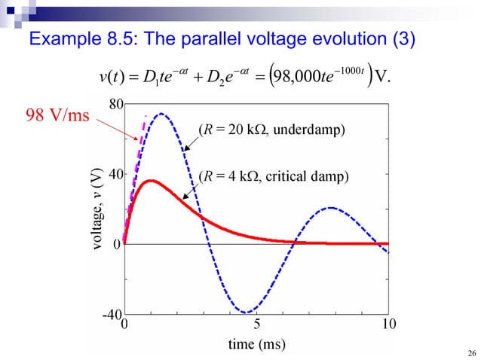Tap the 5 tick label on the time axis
[x=256, y=325]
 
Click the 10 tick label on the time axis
[x=388, y=325]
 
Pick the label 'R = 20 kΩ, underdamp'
[x=271, y=130]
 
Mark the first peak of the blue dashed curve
[x=161, y=114]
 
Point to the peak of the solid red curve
[x=151, y=181]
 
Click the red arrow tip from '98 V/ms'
[x=136, y=140]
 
